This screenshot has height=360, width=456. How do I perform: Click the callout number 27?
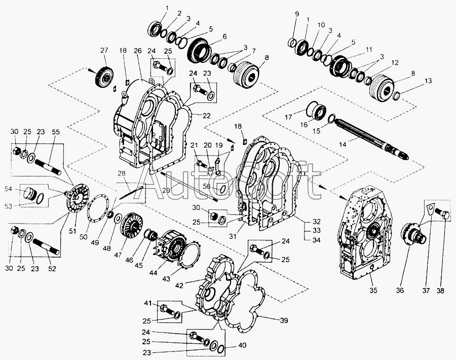click(104, 51)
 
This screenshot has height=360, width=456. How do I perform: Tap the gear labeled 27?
click(104, 78)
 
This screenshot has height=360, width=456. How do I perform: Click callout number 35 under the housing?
click(373, 290)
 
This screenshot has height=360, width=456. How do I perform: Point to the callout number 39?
click(284, 320)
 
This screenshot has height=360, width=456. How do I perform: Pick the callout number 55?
click(56, 132)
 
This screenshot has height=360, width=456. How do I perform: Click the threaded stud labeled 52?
click(46, 246)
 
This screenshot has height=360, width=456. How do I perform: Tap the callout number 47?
click(118, 255)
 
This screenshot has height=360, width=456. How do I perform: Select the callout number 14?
click(343, 144)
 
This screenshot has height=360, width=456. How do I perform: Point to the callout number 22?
click(206, 116)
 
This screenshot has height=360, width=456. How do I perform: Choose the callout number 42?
click(179, 286)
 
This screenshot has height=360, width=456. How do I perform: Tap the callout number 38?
click(440, 290)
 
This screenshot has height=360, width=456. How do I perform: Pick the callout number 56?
click(207, 186)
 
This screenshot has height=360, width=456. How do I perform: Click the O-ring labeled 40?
click(221, 349)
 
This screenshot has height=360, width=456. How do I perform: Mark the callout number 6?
click(224, 37)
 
